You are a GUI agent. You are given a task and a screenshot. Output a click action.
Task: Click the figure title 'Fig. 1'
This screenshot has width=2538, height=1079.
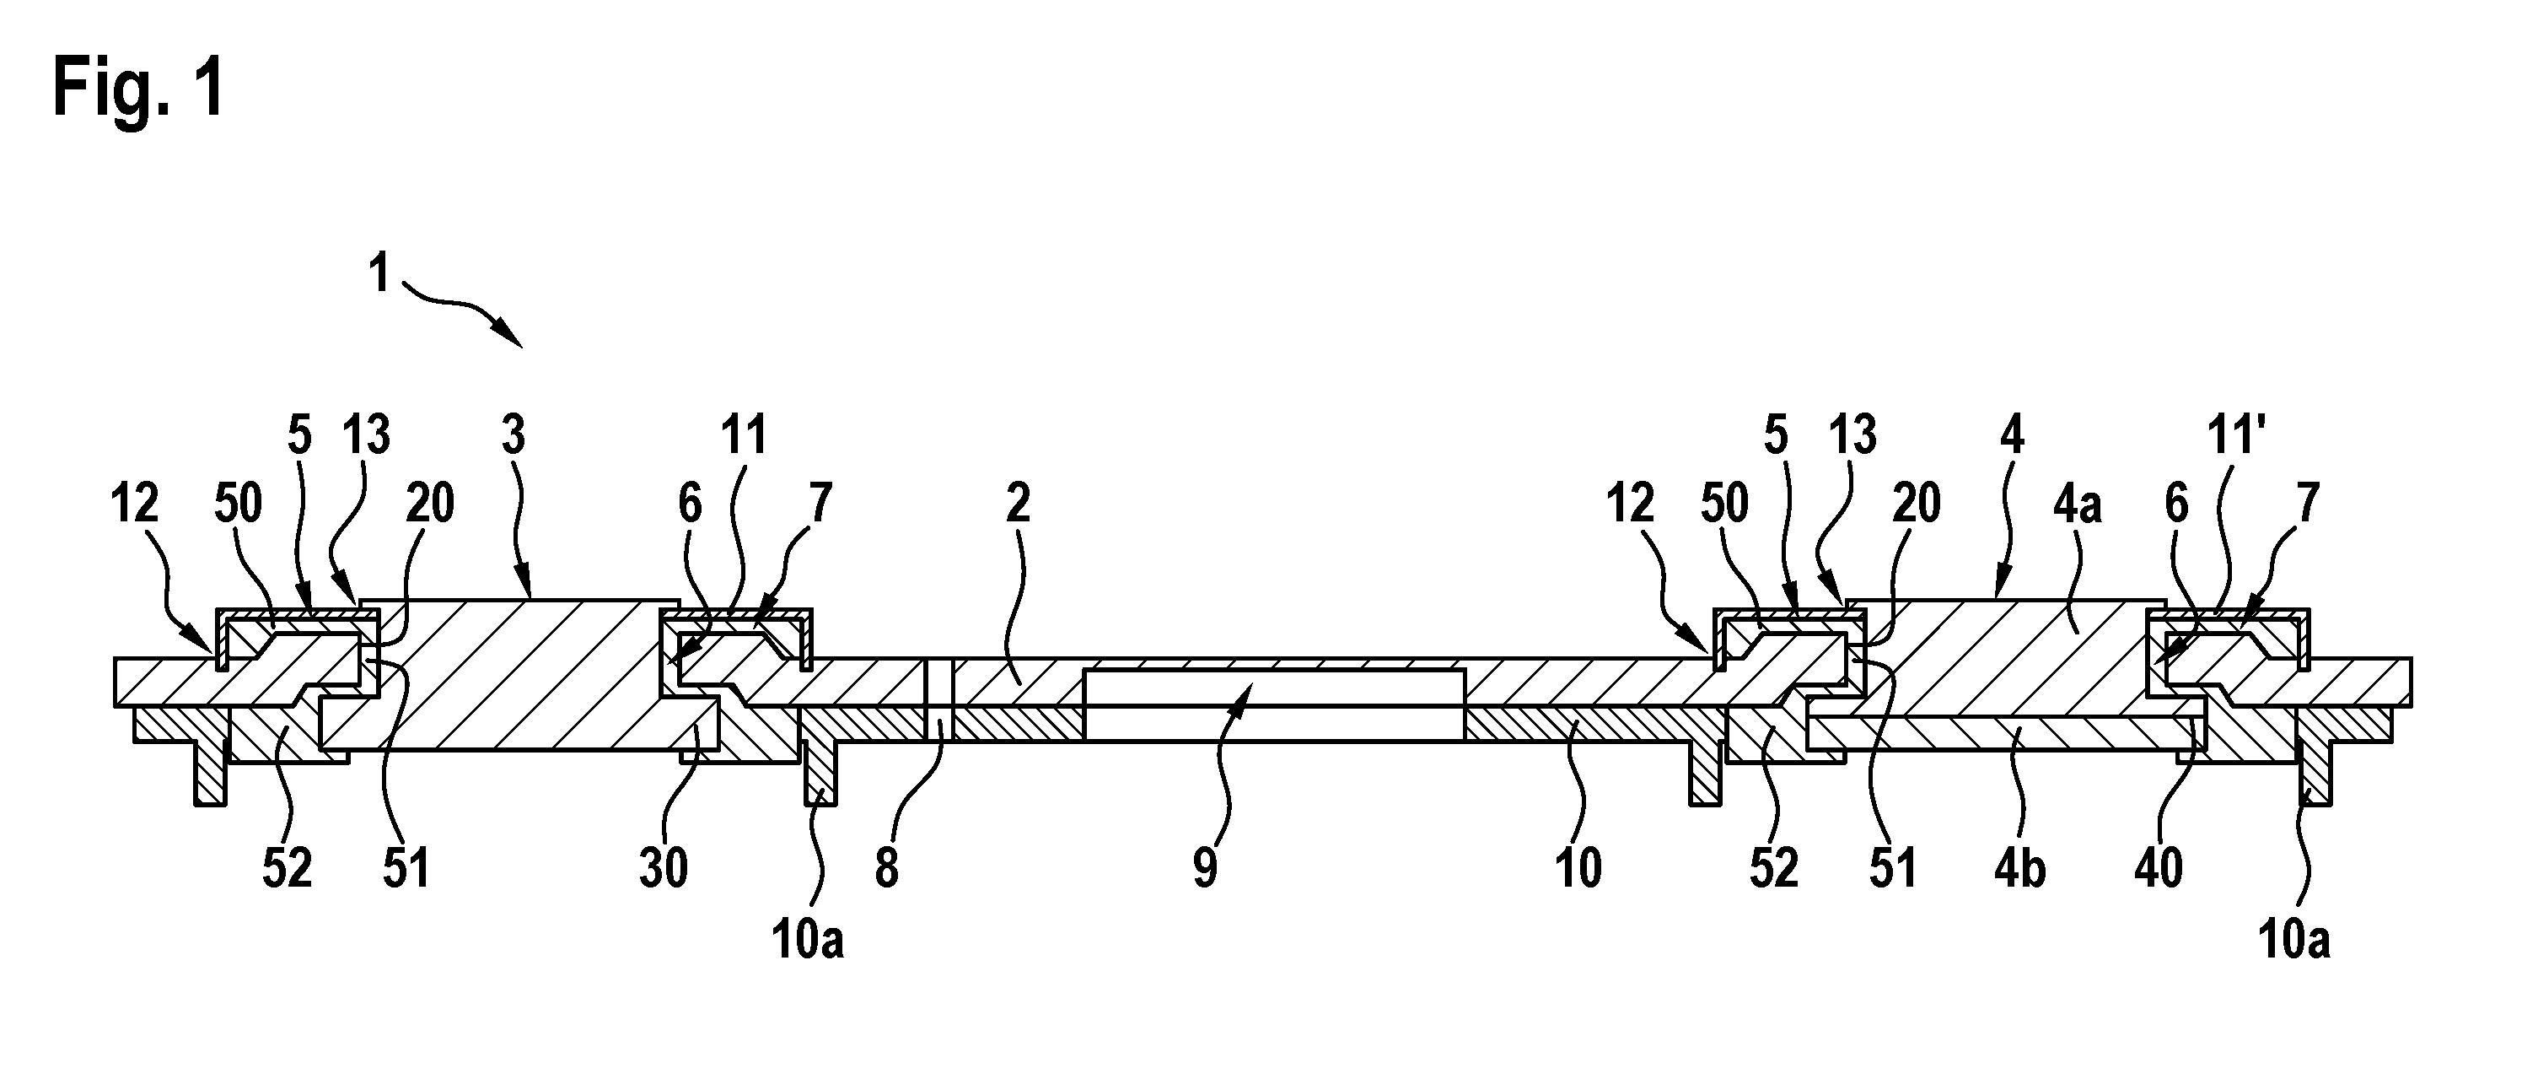pos(139,89)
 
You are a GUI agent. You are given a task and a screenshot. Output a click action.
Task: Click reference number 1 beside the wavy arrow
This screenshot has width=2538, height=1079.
pos(379,273)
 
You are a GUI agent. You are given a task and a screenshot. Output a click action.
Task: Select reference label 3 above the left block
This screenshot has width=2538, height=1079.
pos(514,435)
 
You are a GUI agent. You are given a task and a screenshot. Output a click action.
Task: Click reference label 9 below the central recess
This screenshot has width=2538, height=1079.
pos(1206,867)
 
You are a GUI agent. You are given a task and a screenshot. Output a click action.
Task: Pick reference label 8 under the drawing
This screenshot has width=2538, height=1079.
pos(887,867)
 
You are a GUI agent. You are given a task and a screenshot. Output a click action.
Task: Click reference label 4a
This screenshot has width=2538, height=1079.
pos(2077,504)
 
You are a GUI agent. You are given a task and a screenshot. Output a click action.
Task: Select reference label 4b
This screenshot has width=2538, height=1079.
pos(2019,867)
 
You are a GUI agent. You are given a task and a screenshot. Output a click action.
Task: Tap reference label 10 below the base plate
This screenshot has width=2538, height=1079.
pos(1579,867)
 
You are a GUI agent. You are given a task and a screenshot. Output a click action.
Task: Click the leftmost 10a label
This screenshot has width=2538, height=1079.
pos(808,940)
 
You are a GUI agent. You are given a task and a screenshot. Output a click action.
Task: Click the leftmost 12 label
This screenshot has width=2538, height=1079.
pos(134,504)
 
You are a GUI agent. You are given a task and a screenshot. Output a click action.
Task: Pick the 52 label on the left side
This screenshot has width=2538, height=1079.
pos(287,867)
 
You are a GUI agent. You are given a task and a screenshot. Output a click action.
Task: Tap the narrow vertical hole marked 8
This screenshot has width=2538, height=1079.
pos(940,699)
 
